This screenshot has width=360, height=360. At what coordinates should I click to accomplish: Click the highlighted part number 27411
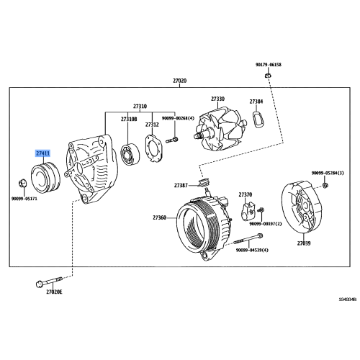click(43, 154)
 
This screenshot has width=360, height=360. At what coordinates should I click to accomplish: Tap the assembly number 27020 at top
click(179, 81)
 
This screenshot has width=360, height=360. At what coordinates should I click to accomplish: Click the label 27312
click(152, 125)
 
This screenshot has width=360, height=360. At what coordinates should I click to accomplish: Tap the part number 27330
click(217, 99)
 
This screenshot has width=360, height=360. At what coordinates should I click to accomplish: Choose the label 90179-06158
click(268, 64)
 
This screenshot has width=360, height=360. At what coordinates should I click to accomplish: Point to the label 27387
click(181, 186)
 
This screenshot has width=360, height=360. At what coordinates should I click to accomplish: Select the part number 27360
click(159, 217)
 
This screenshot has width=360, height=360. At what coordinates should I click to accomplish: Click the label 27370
click(246, 194)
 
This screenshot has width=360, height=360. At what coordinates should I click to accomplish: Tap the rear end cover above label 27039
click(303, 209)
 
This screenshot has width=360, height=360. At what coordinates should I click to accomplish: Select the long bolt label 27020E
click(55, 292)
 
